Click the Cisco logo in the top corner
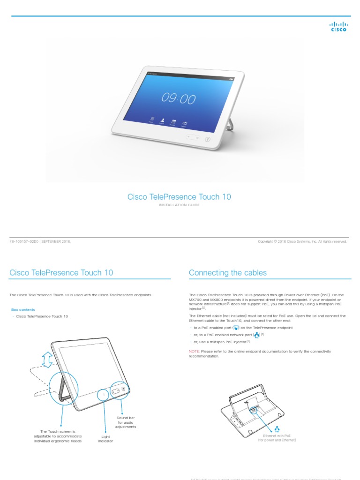[338, 27]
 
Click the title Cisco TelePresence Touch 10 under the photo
[179, 197]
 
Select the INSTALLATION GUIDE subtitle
[179, 205]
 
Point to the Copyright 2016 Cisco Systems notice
[302, 241]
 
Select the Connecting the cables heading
[228, 273]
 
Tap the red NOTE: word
[194, 351]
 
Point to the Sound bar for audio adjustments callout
[126, 422]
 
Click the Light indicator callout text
[105, 439]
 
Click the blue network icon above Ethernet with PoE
[277, 429]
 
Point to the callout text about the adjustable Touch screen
[58, 436]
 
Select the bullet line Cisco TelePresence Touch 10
[41, 316]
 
